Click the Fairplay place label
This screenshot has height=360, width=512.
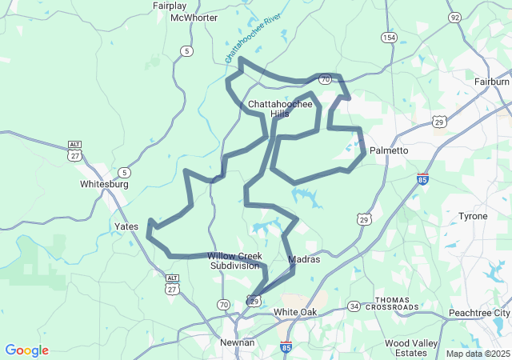click(x=170, y=6)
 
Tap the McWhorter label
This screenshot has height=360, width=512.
click(x=194, y=18)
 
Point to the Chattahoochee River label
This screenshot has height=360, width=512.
click(x=254, y=38)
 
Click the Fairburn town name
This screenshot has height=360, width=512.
click(x=491, y=82)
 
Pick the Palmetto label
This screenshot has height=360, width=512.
click(x=390, y=150)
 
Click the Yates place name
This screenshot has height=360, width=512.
click(x=126, y=226)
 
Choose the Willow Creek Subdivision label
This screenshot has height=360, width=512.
click(x=234, y=261)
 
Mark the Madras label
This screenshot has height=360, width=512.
click(x=303, y=259)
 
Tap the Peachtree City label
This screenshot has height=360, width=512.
click(x=479, y=312)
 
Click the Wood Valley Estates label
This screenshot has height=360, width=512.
click(x=410, y=347)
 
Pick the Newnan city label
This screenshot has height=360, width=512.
click(x=237, y=342)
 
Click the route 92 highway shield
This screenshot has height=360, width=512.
click(x=455, y=17)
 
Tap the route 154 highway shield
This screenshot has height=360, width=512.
click(x=389, y=38)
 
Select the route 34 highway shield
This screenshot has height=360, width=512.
click(x=354, y=306)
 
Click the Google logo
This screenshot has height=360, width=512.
click(x=27, y=350)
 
